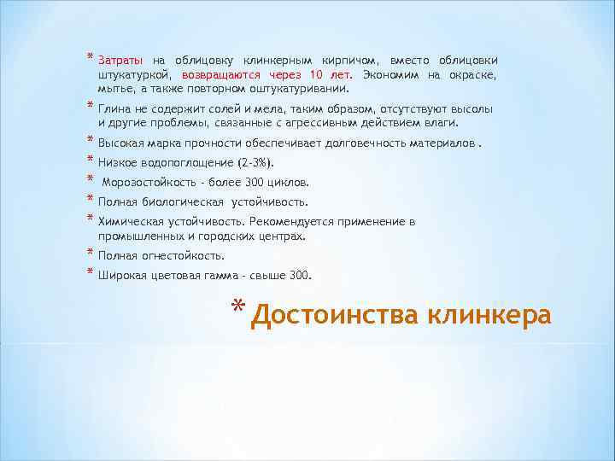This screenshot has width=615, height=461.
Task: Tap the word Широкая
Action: point(120,276)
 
